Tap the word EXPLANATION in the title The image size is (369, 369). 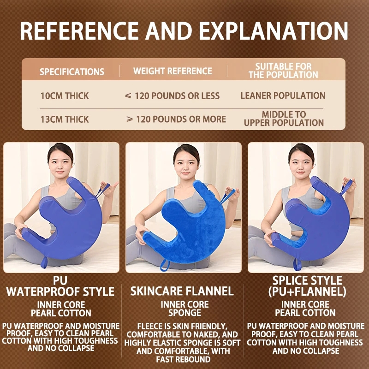click(273, 31)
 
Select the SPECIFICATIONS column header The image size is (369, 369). click(72, 71)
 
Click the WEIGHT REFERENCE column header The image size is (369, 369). click(173, 71)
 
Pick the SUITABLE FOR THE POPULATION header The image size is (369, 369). click(283, 71)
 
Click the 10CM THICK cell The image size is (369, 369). click(65, 96)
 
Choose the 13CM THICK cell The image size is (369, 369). click(65, 119)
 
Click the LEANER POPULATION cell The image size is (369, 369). click(283, 95)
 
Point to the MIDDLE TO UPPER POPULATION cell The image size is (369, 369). click(284, 119)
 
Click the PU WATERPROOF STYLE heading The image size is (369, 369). click(60, 286)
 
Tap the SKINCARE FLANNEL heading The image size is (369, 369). click(182, 291)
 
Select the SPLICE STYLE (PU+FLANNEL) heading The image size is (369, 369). click(307, 286)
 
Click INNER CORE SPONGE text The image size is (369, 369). click(185, 309)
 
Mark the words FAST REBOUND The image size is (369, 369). click(183, 359)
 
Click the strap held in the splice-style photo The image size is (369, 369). click(345, 188)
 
